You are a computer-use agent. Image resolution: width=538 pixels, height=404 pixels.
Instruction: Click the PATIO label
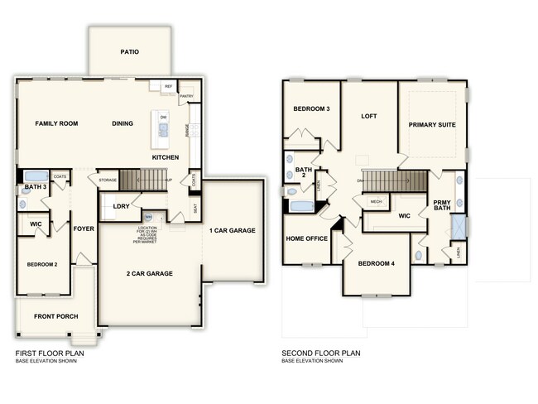point(129,51)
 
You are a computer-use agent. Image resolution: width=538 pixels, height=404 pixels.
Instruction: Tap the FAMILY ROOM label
point(56,123)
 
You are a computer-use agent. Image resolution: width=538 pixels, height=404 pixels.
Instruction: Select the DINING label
point(122,123)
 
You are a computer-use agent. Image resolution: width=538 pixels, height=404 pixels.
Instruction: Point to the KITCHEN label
point(166,157)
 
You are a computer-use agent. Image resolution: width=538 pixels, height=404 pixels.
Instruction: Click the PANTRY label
point(186,95)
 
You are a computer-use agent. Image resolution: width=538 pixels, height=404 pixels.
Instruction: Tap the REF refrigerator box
point(168,85)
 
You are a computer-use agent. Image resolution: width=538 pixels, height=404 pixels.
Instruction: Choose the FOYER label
point(83,228)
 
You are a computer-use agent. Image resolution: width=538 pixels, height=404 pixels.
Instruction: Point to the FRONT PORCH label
point(55,316)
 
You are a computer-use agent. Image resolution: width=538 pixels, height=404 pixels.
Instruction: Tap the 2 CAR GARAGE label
point(150,273)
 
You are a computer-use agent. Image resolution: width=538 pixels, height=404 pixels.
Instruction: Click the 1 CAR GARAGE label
point(232,230)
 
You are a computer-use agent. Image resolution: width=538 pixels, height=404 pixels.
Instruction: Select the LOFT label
point(369,117)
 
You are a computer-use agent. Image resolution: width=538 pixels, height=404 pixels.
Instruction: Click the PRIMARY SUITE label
point(433,124)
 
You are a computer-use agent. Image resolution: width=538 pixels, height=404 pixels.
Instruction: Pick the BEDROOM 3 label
point(311,109)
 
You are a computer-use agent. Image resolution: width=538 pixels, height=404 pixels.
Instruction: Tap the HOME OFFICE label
point(306,238)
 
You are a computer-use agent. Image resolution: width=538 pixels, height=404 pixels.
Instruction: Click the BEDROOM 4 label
point(377,263)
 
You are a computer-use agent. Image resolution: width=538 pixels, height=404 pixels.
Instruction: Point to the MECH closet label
point(376,201)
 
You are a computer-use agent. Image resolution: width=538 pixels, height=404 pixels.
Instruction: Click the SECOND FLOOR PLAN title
point(321,353)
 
